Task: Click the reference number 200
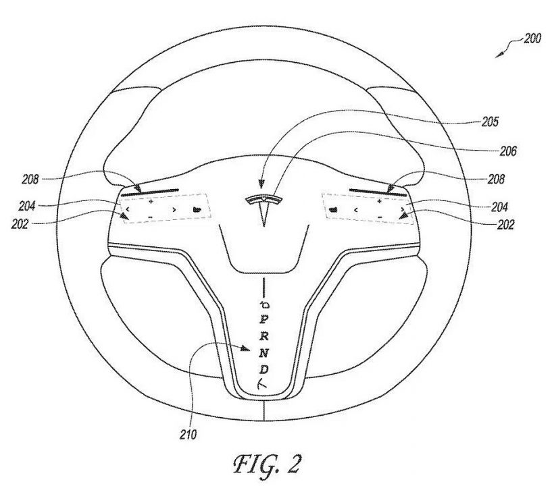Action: pyautogui.click(x=532, y=38)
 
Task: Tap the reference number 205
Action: pyautogui.click(x=490, y=122)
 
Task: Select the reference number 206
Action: pyautogui.click(x=508, y=151)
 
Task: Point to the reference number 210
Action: pyautogui.click(x=189, y=435)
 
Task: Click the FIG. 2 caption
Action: pyautogui.click(x=267, y=464)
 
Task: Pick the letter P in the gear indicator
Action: pyautogui.click(x=264, y=320)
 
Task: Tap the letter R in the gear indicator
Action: pyautogui.click(x=264, y=336)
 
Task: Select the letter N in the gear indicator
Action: pyautogui.click(x=264, y=353)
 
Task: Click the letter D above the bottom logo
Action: pyautogui.click(x=264, y=369)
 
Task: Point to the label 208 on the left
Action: pyautogui.click(x=30, y=180)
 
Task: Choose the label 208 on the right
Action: pyautogui.click(x=496, y=180)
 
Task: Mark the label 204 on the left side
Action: pyautogui.click(x=27, y=206)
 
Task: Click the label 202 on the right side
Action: pyautogui.click(x=505, y=224)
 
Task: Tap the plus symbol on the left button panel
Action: pyautogui.click(x=151, y=202)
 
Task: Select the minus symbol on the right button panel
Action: pyautogui.click(x=380, y=217)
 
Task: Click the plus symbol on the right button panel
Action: pyautogui.click(x=379, y=202)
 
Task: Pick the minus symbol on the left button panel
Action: pyautogui.click(x=150, y=217)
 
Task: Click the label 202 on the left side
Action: pyautogui.click(x=20, y=224)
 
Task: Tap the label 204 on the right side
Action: pyautogui.click(x=499, y=207)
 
